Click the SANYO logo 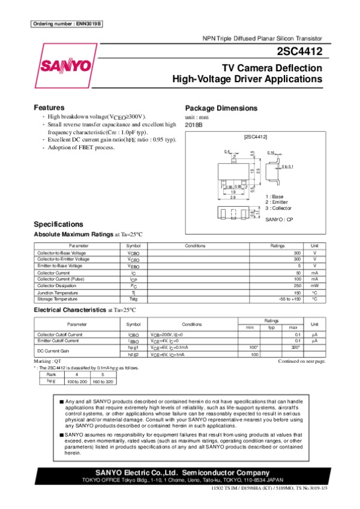(x=66, y=65)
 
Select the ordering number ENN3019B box (x=67, y=23)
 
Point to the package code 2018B (x=194, y=124)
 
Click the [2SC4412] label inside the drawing (x=255, y=137)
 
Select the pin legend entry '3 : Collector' (x=278, y=208)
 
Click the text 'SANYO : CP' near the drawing (x=280, y=220)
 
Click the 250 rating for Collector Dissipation (x=296, y=285)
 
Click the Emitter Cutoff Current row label (x=58, y=341)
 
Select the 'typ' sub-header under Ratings (x=272, y=327)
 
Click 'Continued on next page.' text (x=302, y=362)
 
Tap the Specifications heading (x=59, y=224)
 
